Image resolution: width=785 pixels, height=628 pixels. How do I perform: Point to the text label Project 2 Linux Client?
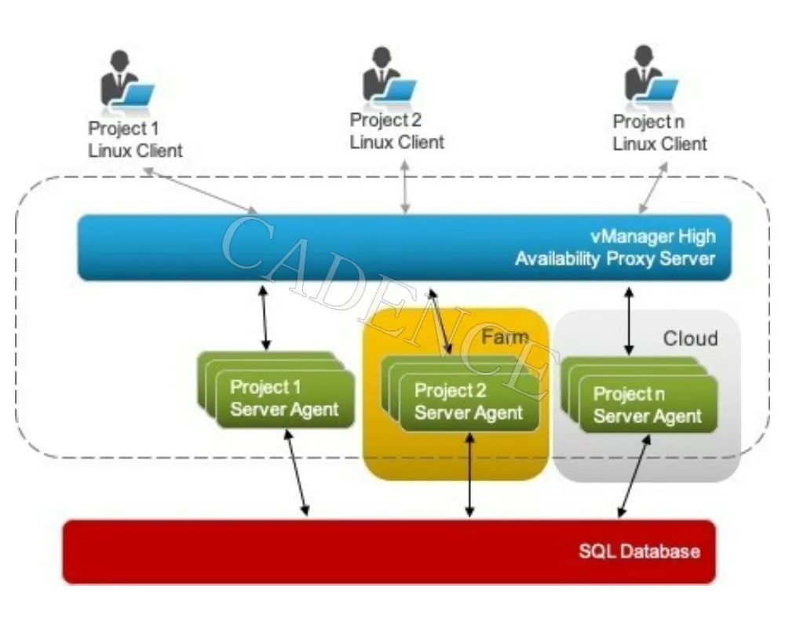(396, 131)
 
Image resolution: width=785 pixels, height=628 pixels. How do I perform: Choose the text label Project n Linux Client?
(659, 133)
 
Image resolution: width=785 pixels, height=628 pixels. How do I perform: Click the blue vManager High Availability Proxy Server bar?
(404, 247)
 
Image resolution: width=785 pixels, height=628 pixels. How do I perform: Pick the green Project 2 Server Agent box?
(468, 401)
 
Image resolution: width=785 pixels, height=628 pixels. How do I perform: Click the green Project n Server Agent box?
(647, 404)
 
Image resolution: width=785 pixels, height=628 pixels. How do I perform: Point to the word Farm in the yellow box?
(504, 338)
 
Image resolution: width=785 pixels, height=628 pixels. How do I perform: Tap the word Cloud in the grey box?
(690, 338)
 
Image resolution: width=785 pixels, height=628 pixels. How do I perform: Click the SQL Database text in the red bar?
(639, 551)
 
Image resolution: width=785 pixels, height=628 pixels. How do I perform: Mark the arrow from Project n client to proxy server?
(653, 188)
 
